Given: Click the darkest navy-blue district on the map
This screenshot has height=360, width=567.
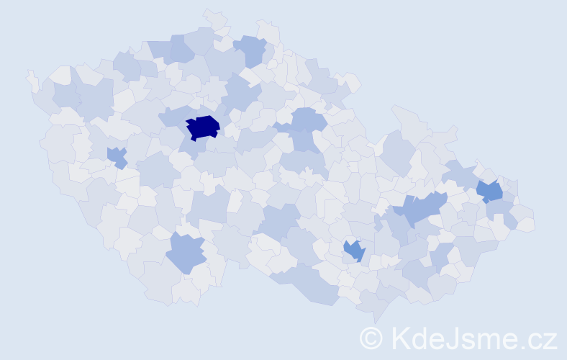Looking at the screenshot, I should pyautogui.click(x=203, y=127).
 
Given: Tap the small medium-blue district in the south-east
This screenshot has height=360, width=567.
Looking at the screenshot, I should pyautogui.click(x=354, y=251).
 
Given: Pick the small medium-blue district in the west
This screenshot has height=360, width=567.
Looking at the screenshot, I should pyautogui.click(x=116, y=156).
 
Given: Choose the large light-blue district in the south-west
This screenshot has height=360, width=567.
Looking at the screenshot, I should pyautogui.click(x=186, y=253).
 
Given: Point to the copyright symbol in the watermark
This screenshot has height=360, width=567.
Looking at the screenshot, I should pyautogui.click(x=371, y=338).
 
